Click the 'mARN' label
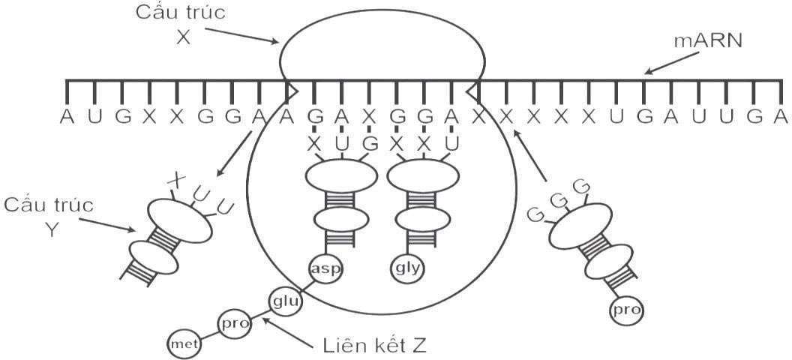707,40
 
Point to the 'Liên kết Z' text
374,346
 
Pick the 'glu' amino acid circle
283,301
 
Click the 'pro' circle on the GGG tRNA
628,308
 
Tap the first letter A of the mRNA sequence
67,117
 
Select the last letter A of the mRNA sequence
781,117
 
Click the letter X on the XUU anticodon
176,179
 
